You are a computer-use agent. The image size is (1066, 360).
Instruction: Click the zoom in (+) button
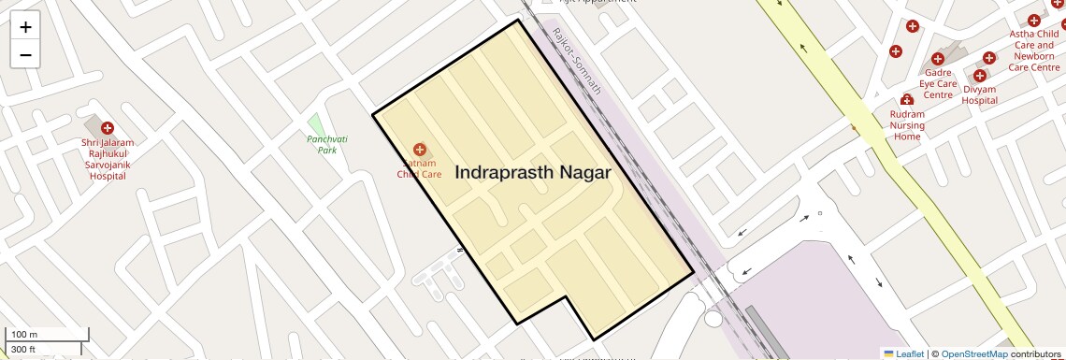(25, 27)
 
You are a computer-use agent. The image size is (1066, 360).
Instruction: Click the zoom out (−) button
(25, 54)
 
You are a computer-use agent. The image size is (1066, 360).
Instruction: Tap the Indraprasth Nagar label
(533, 173)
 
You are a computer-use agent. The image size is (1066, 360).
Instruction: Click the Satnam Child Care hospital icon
(420, 150)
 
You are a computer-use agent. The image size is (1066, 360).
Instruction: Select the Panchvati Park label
(327, 144)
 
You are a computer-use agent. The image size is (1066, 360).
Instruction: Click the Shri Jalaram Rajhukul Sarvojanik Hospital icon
(108, 128)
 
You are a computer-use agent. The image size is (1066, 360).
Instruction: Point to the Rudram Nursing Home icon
(906, 100)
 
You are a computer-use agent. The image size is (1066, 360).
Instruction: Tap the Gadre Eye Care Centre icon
(938, 57)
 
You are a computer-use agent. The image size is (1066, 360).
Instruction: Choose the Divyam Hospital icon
(981, 75)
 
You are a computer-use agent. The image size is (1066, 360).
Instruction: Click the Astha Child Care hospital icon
(1033, 21)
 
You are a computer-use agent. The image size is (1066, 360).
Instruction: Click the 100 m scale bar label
(24, 335)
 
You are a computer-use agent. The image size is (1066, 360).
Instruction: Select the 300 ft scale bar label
(23, 350)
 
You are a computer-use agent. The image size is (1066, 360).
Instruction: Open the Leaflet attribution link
(903, 353)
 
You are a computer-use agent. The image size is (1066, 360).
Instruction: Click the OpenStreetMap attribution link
(974, 353)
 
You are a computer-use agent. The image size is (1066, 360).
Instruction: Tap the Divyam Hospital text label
(980, 94)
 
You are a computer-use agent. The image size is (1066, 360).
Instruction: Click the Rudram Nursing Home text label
(907, 125)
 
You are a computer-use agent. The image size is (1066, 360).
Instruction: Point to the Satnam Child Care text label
(419, 168)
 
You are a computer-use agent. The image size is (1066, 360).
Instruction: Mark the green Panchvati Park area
(315, 123)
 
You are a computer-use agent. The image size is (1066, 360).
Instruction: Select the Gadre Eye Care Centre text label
(938, 83)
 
